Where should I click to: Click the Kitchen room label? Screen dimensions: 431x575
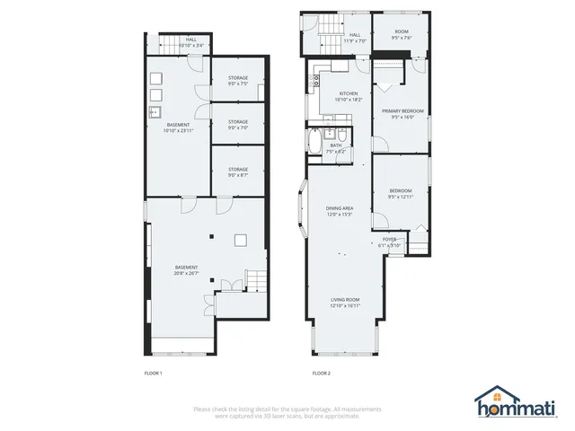click(x=348, y=94)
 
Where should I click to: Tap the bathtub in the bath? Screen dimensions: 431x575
click(x=314, y=145)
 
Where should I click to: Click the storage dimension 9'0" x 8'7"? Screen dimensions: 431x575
click(x=237, y=174)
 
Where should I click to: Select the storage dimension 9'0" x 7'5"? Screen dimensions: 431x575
click(x=237, y=84)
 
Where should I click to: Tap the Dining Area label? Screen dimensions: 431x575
click(x=339, y=208)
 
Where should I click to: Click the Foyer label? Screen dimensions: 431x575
click(x=389, y=239)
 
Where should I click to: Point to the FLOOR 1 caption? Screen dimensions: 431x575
click(x=154, y=373)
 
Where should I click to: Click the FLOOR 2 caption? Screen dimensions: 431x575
click(x=321, y=373)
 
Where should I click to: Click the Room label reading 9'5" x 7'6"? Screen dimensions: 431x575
click(x=400, y=35)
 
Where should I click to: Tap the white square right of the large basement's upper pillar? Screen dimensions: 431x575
click(x=240, y=239)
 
